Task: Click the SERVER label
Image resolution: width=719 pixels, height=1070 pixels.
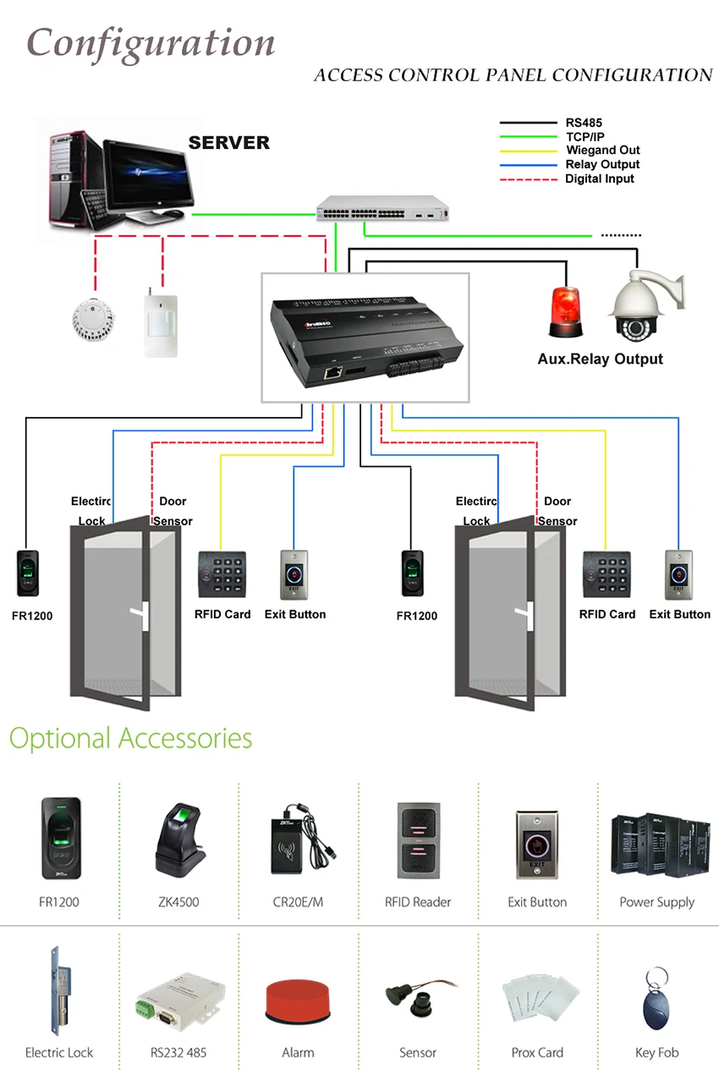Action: pos(228,143)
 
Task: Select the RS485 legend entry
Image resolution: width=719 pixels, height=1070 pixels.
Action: pos(584,123)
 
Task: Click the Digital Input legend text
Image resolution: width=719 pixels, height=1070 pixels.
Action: pos(600,178)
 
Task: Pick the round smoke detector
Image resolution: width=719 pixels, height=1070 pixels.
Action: pos(94,320)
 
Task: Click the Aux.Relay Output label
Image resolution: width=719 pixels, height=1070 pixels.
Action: pos(600,359)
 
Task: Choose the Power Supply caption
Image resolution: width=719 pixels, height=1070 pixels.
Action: pos(656,902)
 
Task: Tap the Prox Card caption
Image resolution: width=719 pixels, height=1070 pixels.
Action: pos(537,1052)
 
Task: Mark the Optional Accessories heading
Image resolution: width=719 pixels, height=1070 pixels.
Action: pos(130,738)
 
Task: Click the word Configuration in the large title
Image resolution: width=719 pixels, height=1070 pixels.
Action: pos(151,42)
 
